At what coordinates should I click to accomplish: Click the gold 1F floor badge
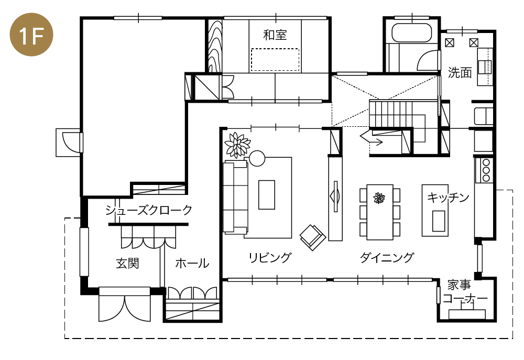31,35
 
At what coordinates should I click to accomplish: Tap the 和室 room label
275,35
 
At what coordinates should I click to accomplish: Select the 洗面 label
460,72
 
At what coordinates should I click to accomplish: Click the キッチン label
448,198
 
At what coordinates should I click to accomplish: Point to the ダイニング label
387,258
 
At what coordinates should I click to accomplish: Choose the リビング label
270,258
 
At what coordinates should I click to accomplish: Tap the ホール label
192,264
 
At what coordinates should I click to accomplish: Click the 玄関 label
127,264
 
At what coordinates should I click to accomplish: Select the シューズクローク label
149,210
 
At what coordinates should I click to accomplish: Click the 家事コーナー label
464,292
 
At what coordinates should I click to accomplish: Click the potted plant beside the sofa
237,145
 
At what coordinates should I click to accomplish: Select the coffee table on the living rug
267,194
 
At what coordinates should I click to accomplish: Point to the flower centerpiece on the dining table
379,198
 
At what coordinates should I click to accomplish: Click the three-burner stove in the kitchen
486,170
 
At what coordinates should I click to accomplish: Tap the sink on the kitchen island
439,221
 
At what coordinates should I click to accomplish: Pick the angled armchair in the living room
312,237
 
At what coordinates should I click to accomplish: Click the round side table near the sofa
257,158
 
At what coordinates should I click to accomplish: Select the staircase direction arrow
372,137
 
